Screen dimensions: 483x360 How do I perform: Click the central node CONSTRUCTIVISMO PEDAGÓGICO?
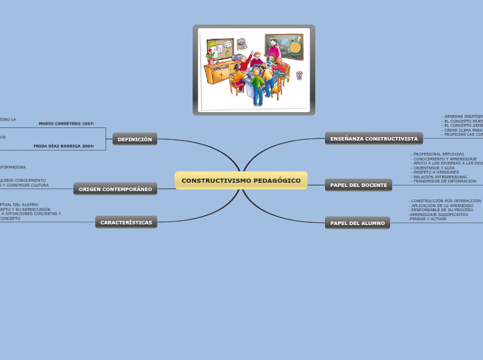(x=240, y=181)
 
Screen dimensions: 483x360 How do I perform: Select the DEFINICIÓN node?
(x=134, y=139)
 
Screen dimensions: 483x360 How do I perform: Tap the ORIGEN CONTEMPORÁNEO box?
(x=115, y=189)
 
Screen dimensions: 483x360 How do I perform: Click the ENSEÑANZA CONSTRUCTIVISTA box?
(x=374, y=138)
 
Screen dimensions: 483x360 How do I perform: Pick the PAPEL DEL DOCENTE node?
(x=358, y=185)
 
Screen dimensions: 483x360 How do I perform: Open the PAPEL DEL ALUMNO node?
(x=357, y=223)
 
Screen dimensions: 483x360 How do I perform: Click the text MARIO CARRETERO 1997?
(x=67, y=123)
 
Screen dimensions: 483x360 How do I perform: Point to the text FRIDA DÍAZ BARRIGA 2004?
(x=64, y=146)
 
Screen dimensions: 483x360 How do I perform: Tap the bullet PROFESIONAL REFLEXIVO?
(x=438, y=154)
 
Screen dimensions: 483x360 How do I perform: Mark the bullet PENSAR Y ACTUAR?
(x=428, y=219)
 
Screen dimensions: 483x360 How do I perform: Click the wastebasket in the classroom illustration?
(x=299, y=75)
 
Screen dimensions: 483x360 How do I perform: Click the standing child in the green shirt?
(x=258, y=86)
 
